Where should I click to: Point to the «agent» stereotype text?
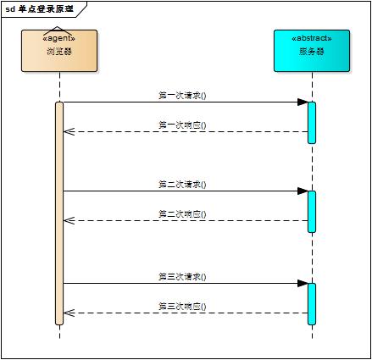(59, 39)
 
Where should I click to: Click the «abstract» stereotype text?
(312, 39)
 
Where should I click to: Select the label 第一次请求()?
(182, 96)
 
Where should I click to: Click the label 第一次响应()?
(182, 125)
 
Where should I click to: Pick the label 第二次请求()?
(182, 184)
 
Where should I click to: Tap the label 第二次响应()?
(182, 213)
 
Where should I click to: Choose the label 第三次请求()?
(182, 276)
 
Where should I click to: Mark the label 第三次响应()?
(182, 306)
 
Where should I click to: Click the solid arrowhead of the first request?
(302, 102)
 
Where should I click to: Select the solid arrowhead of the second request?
(302, 191)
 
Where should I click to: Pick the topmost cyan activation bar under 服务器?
(312, 122)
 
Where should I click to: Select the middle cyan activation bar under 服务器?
(312, 211)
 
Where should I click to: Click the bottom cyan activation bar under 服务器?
(312, 303)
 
